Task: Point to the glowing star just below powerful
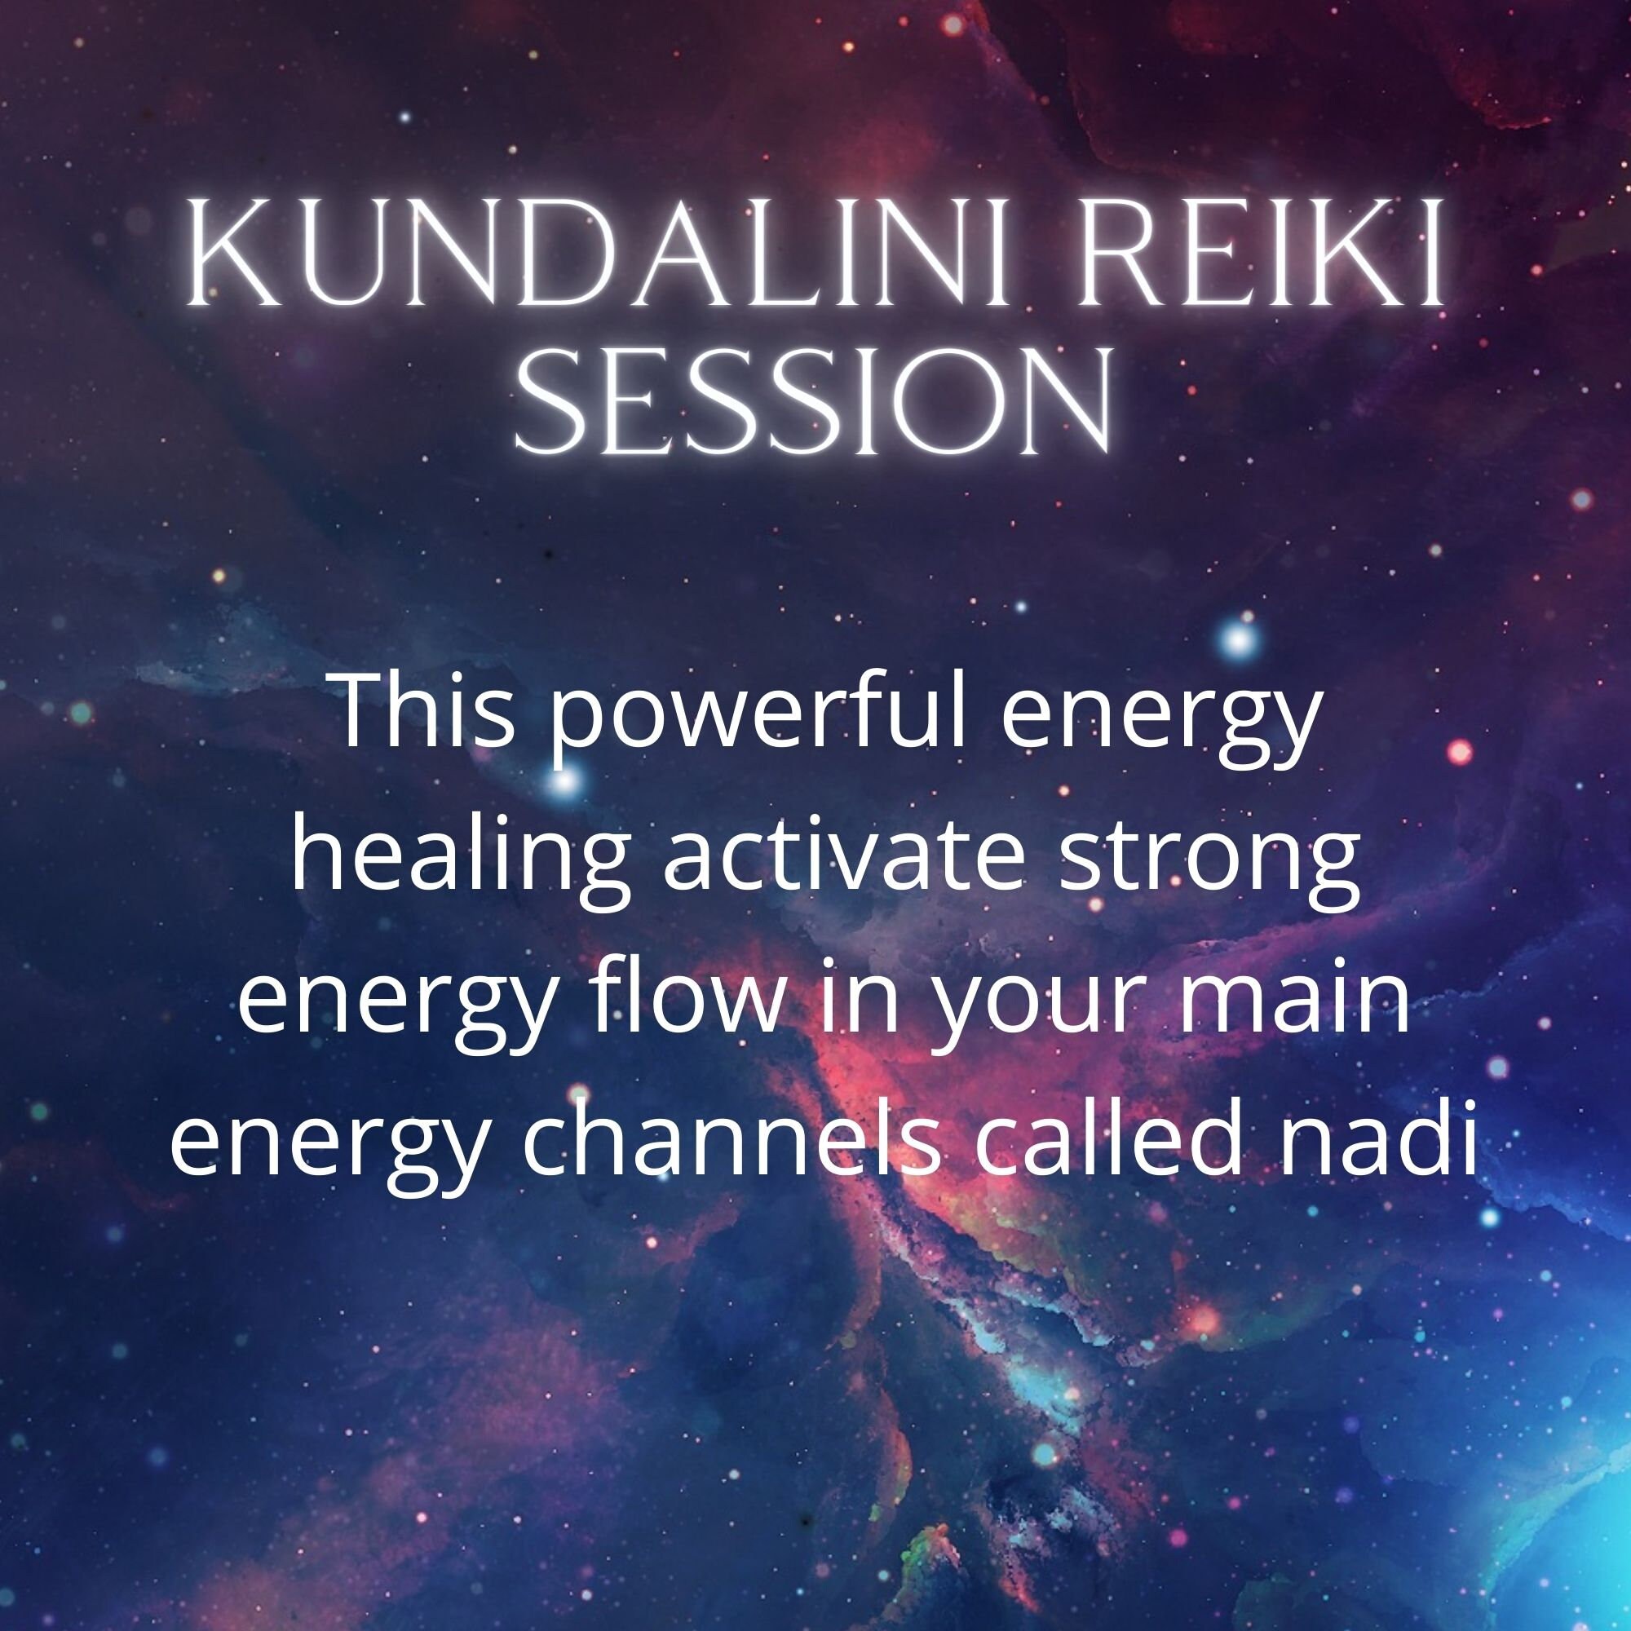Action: coord(567,780)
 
